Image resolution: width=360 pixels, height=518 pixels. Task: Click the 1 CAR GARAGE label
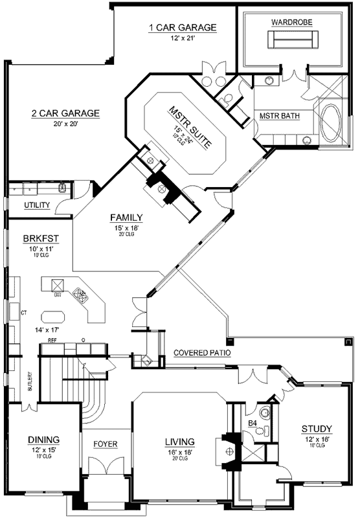click(x=182, y=27)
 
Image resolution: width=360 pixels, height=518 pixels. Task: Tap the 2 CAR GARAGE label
click(x=65, y=113)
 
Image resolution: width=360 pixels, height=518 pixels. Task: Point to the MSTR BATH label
click(x=278, y=116)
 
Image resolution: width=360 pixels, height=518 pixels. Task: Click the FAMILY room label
click(x=126, y=218)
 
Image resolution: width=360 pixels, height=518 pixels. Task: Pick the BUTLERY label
click(x=30, y=384)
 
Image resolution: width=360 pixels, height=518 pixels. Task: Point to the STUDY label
click(x=317, y=429)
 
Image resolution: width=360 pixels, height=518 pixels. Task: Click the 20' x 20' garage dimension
click(x=65, y=124)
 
